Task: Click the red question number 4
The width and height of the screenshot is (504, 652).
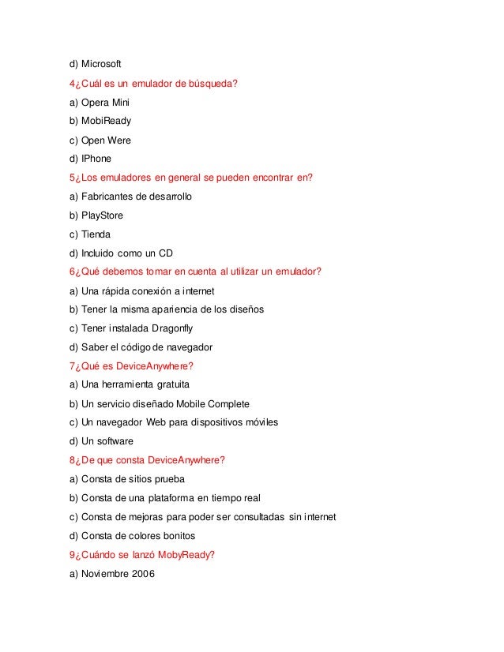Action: click(73, 83)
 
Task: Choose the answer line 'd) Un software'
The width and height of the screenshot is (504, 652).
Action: click(101, 441)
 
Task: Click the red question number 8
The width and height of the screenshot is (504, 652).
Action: click(73, 460)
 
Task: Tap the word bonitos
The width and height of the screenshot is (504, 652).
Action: click(178, 536)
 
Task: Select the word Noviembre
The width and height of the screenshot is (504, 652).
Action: click(105, 574)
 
